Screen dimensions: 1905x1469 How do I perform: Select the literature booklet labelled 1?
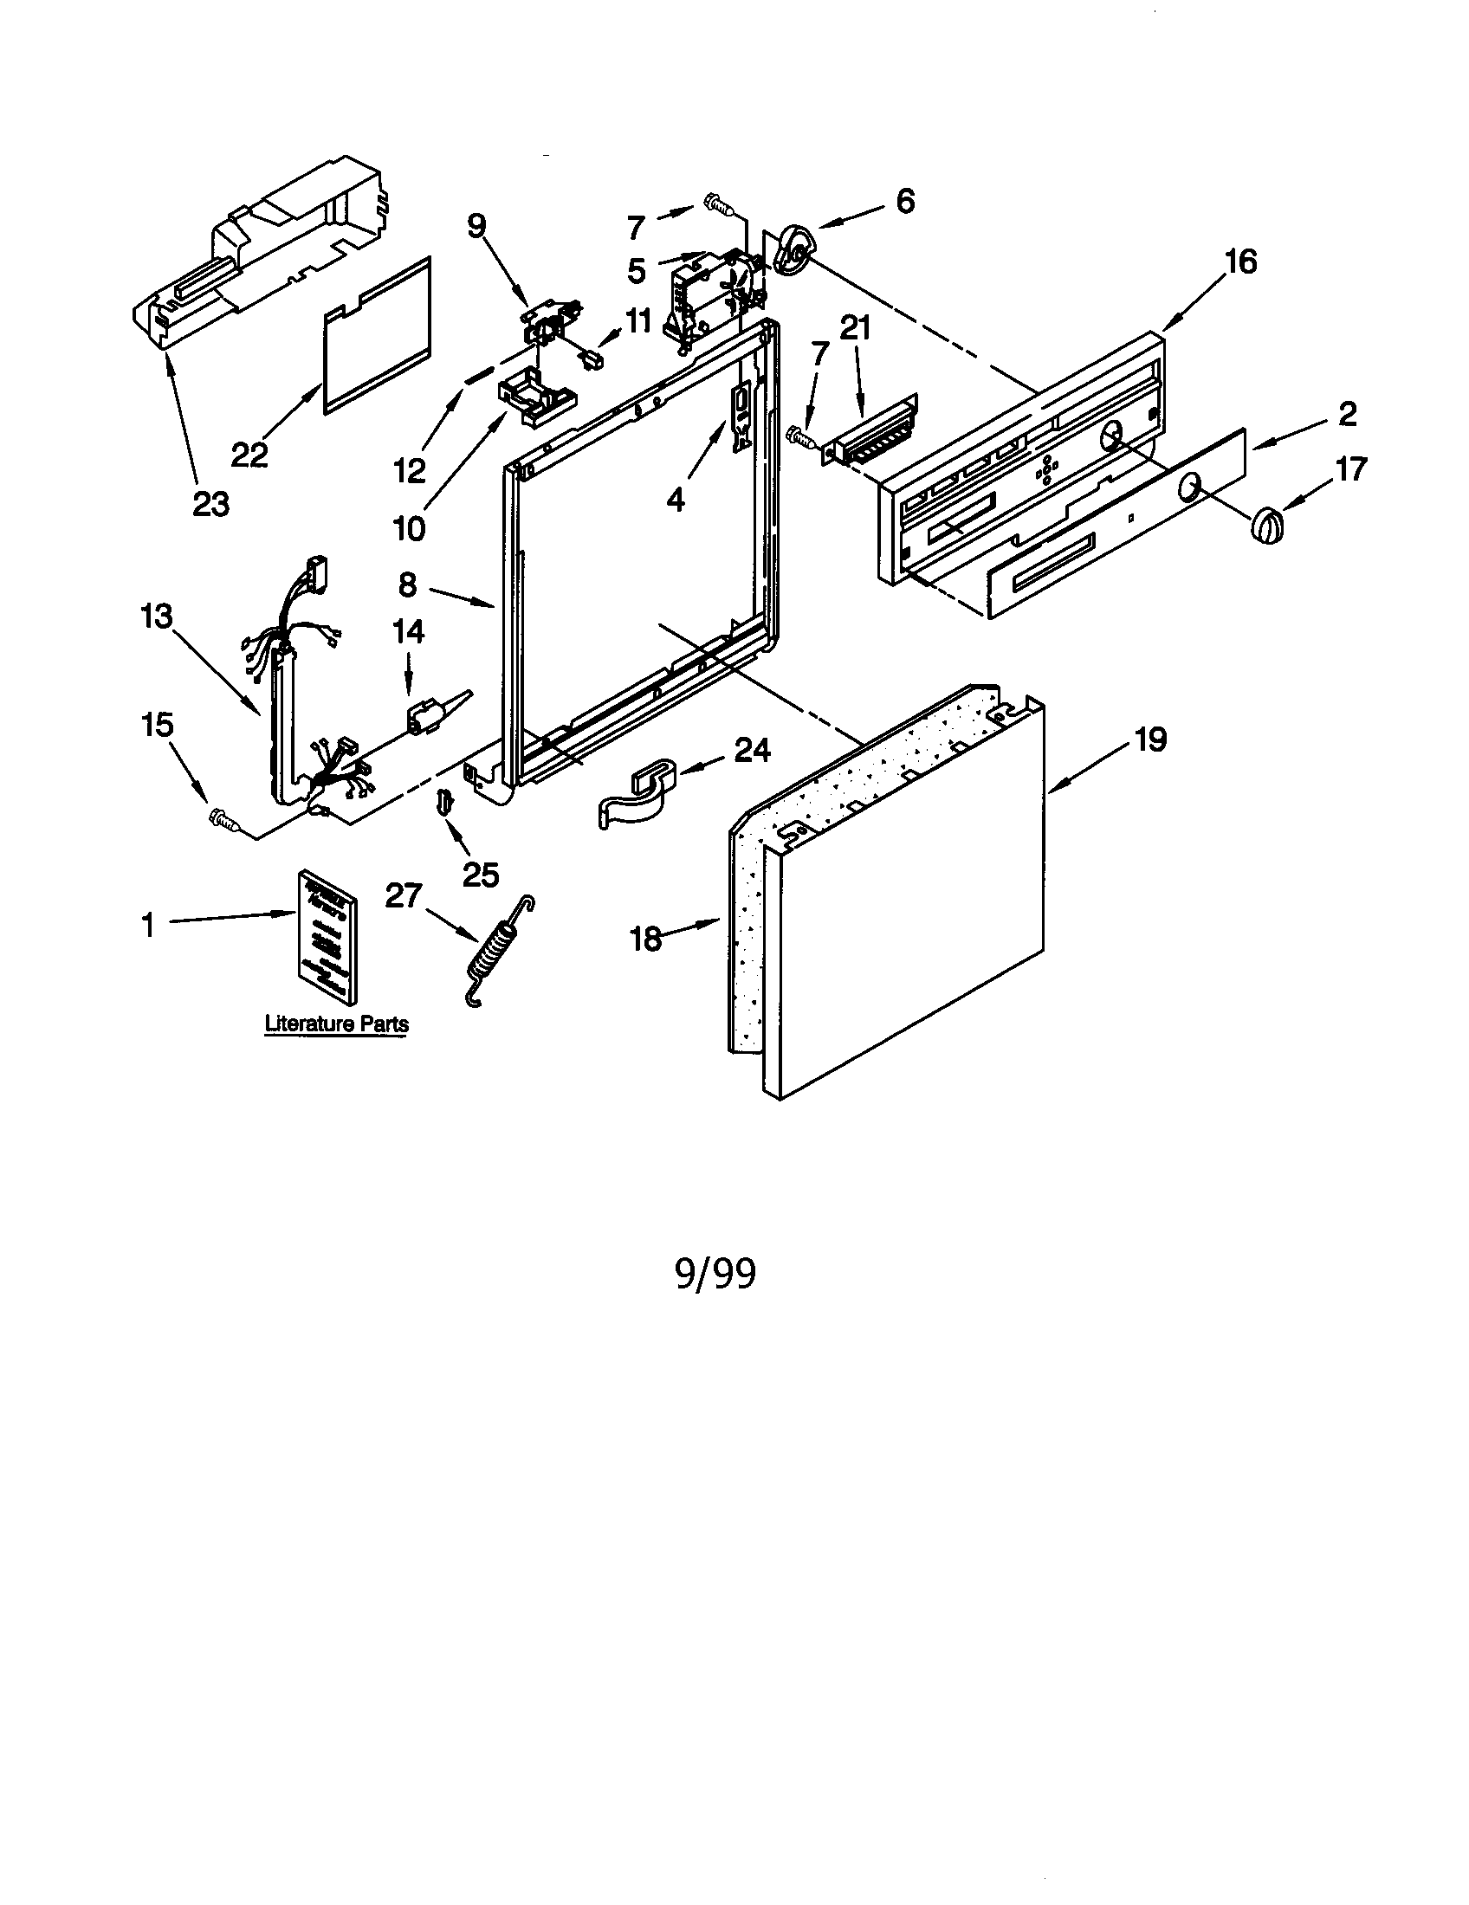[327, 935]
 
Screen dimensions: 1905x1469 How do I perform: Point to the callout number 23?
[210, 503]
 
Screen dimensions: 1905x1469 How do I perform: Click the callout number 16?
[1239, 261]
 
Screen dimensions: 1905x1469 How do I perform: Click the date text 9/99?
[715, 1274]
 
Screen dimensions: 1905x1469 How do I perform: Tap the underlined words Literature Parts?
[337, 1024]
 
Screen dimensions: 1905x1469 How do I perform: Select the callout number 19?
[1149, 739]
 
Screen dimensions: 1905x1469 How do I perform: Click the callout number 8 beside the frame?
[407, 584]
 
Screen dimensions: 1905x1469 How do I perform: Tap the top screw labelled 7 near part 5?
[717, 205]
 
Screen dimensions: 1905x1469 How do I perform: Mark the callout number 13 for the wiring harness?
[157, 617]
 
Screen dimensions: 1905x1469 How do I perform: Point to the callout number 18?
[646, 940]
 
